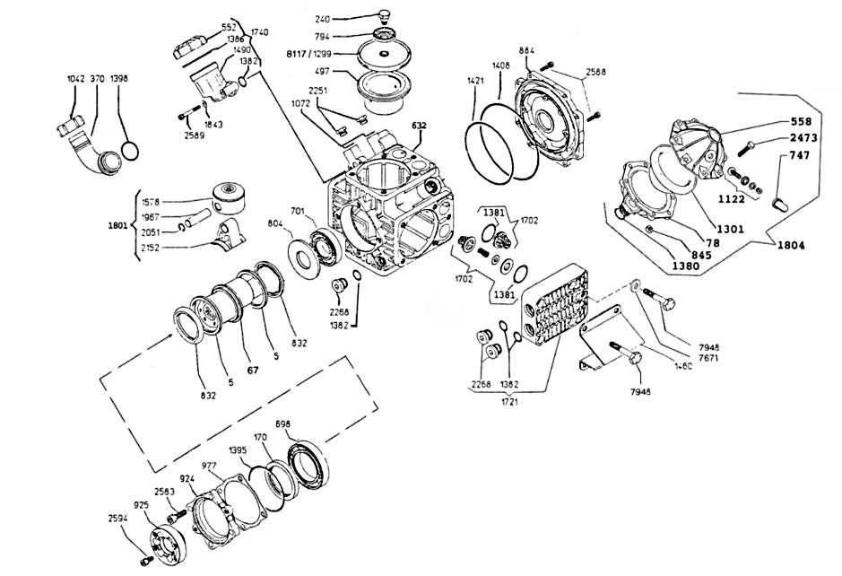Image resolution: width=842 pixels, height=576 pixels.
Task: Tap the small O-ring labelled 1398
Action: pyautogui.click(x=129, y=148)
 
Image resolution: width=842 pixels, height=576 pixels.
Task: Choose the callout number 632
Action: pyautogui.click(x=420, y=126)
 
